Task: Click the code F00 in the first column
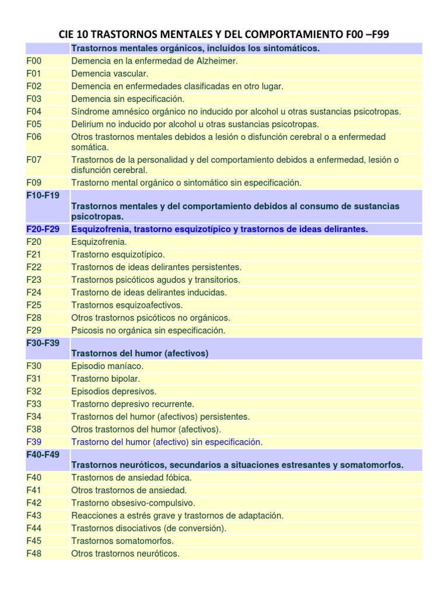(34, 61)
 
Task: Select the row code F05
(34, 124)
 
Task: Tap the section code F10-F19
(43, 195)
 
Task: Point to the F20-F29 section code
(43, 229)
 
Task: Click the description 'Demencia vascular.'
(110, 73)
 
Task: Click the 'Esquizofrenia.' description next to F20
(99, 242)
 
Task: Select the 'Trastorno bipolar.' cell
(105, 379)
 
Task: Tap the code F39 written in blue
(34, 442)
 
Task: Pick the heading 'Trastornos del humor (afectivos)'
(139, 353)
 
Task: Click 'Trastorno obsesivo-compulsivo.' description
(133, 503)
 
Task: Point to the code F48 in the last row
(34, 553)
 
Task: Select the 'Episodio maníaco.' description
(107, 366)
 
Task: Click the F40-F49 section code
(43, 454)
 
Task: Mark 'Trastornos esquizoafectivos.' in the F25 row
(127, 305)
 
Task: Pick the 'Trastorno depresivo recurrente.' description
(132, 404)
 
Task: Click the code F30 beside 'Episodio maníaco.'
(34, 366)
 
